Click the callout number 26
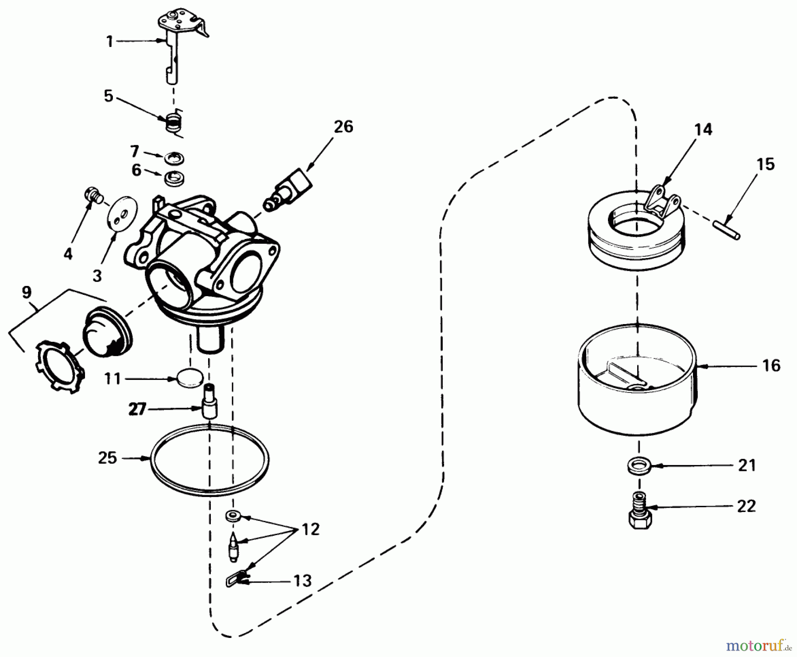pyautogui.click(x=344, y=127)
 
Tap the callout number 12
pyautogui.click(x=311, y=529)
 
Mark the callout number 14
pyautogui.click(x=703, y=129)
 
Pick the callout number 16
pyautogui.click(x=771, y=366)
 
